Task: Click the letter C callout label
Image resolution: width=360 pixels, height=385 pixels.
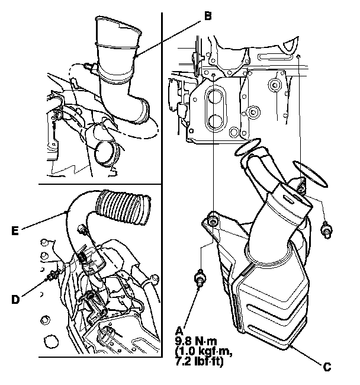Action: click(326, 365)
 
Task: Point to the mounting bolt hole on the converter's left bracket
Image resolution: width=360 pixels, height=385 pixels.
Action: click(213, 222)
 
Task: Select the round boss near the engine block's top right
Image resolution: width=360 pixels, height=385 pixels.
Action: click(274, 85)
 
